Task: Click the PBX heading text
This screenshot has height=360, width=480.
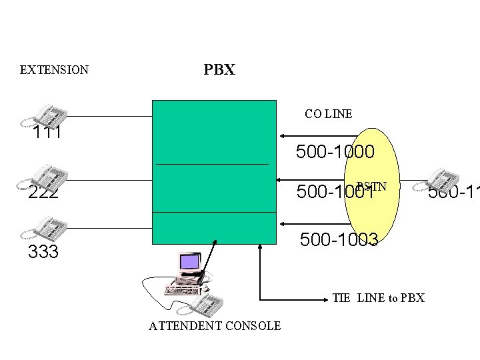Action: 219,70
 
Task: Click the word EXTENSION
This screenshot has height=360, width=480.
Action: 54,70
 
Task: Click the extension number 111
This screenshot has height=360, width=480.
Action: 47,133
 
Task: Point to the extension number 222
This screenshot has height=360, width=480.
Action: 43,193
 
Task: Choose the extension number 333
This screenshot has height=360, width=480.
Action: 43,252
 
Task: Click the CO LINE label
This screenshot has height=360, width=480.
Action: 328,114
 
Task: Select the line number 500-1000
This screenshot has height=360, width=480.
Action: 335,152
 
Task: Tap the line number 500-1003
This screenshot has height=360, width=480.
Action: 339,239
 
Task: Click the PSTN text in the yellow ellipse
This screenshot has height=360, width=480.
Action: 371,186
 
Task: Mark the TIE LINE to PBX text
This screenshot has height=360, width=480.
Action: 378,298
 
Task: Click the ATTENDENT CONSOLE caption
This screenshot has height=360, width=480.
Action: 215,325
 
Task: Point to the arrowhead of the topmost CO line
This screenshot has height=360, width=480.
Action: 283,136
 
